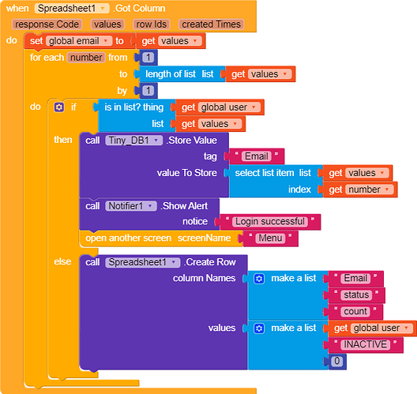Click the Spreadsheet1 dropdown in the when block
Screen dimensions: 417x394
pos(72,9)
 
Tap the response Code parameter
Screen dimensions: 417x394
pos(47,24)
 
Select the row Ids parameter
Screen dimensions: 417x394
pos(152,24)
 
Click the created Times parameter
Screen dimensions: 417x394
pos(211,24)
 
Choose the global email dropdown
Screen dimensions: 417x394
pos(79,41)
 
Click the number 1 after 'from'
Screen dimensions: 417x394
pos(148,58)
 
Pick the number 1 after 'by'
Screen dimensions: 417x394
pos(148,91)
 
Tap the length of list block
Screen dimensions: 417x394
pos(179,74)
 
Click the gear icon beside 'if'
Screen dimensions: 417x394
pos(59,107)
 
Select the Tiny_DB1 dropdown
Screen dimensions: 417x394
pos(133,141)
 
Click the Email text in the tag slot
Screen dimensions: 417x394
pos(257,156)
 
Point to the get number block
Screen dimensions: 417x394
pos(360,189)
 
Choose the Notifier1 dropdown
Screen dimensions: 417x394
pos(131,206)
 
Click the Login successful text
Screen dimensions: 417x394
pos(270,221)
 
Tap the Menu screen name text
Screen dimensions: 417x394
pos(270,238)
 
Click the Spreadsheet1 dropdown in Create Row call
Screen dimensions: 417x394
pos(142,262)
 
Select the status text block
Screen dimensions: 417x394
pos(356,295)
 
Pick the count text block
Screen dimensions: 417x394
pos(355,312)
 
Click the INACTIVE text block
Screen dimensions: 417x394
pos(366,344)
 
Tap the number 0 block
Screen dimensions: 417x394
pos(337,361)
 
